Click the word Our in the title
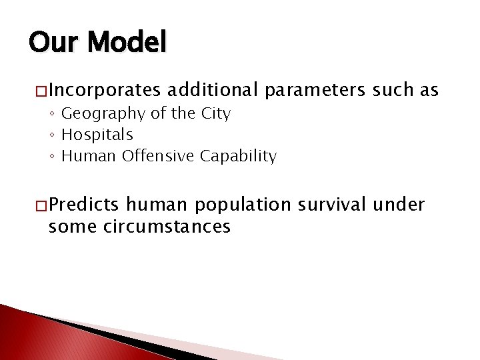coord(55,43)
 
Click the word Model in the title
coord(127,43)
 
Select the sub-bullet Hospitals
coord(97,135)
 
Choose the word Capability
coord(237,156)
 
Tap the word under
coord(399,205)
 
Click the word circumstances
coord(167,227)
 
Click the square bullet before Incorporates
coord(41,90)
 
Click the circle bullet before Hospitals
coord(53,135)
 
